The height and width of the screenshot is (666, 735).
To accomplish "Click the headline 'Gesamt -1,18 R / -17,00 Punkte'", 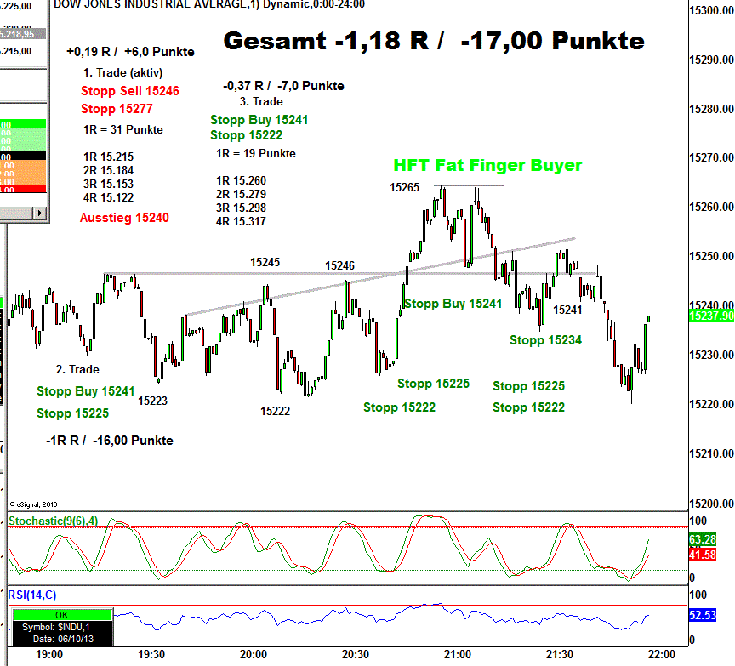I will coord(434,41).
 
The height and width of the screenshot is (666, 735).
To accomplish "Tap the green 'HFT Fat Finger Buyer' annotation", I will coord(487,165).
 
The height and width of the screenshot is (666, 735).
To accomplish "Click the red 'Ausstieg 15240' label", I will coord(124,218).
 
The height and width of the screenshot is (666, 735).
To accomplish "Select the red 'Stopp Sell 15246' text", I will coord(130,90).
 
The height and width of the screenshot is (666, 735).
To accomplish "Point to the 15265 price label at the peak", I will coord(405,187).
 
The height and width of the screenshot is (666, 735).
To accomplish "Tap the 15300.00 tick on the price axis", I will coord(711,11).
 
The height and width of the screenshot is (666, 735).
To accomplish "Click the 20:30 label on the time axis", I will coord(356,655).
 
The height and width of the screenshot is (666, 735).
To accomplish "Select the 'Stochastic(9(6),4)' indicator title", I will coord(53,521).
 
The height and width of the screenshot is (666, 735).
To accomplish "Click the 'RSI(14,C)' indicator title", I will coord(32,595).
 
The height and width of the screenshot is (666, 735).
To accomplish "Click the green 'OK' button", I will coord(61,614).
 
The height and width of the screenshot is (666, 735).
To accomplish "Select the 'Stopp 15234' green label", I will coord(545,340).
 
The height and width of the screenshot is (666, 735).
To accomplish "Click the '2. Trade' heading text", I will coord(77,369).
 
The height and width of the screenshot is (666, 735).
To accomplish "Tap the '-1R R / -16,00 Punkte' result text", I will coord(110,441).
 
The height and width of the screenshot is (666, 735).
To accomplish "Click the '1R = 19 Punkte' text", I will coord(256,154).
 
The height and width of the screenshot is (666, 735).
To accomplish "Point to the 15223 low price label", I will coord(152,400).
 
